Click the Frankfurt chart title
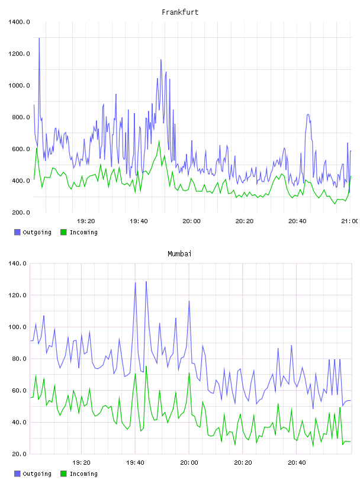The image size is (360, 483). tap(180, 12)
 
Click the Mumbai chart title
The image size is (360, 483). tap(179, 254)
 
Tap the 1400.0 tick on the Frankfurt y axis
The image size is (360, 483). tap(19, 22)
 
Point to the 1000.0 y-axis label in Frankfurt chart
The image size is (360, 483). tap(19, 85)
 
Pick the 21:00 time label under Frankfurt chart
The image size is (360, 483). tap(350, 221)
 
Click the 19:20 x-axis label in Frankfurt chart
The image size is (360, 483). tap(86, 221)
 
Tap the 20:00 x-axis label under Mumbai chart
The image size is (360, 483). tap(189, 463)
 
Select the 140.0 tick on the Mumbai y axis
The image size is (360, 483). tap(17, 263)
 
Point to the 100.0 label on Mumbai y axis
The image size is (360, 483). tap(17, 327)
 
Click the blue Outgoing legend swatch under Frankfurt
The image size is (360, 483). tap(17, 232)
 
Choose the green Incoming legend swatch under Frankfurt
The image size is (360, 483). tap(63, 232)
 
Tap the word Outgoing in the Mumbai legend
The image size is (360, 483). tap(37, 474)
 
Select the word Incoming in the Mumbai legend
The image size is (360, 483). tap(83, 474)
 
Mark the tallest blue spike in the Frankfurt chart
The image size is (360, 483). tap(39, 38)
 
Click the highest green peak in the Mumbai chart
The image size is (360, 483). tap(146, 366)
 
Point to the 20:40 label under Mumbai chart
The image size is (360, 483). tap(297, 463)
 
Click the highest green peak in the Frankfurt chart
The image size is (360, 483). tap(159, 141)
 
